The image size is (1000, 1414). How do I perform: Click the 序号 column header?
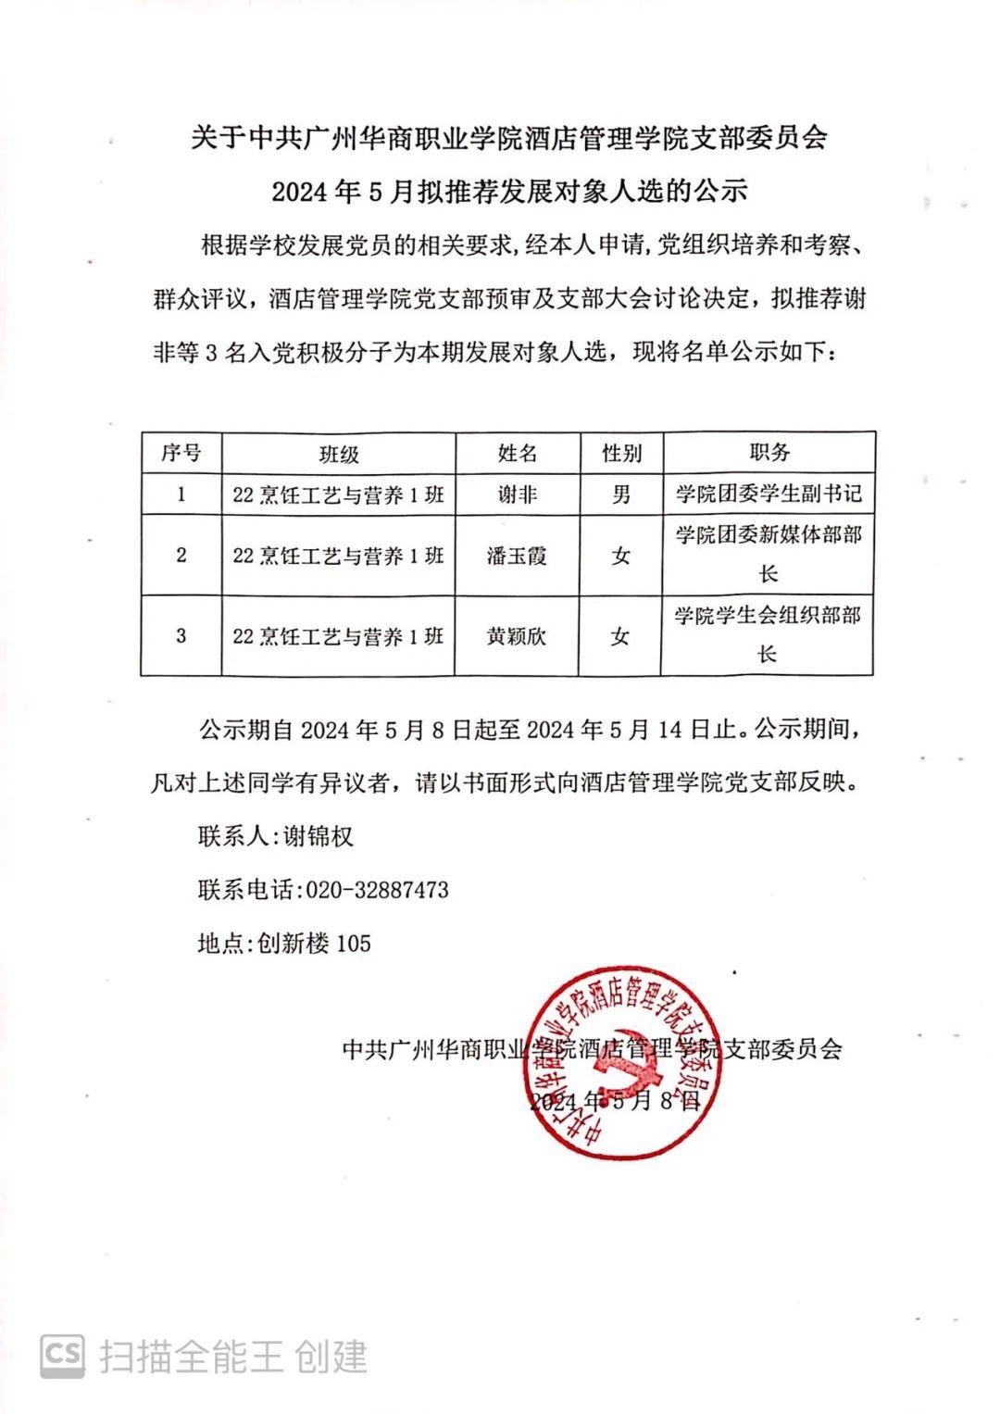pyautogui.click(x=181, y=453)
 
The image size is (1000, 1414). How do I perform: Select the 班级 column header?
pyautogui.click(x=339, y=454)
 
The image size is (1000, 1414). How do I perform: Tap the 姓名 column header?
pyautogui.click(x=517, y=453)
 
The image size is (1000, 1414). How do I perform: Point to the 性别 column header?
pyautogui.click(x=621, y=453)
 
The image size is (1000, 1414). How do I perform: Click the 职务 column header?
pyautogui.click(x=769, y=452)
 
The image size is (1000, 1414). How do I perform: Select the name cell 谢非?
pyautogui.click(x=517, y=494)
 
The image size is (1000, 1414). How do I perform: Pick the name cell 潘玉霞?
pyautogui.click(x=517, y=556)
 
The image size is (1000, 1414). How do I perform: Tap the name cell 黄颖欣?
pyautogui.click(x=517, y=636)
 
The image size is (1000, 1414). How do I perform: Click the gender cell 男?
pyautogui.click(x=621, y=494)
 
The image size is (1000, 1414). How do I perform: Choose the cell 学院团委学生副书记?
pyautogui.click(x=769, y=494)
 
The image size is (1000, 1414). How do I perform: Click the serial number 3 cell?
pyautogui.click(x=181, y=636)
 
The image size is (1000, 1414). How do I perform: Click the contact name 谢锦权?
pyautogui.click(x=319, y=836)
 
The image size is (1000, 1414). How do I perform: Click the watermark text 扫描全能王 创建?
pyautogui.click(x=233, y=1358)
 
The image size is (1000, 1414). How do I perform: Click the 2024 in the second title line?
pyautogui.click(x=299, y=192)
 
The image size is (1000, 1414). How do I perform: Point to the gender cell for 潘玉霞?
pyautogui.click(x=621, y=556)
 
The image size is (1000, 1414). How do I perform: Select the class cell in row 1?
pyautogui.click(x=339, y=494)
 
